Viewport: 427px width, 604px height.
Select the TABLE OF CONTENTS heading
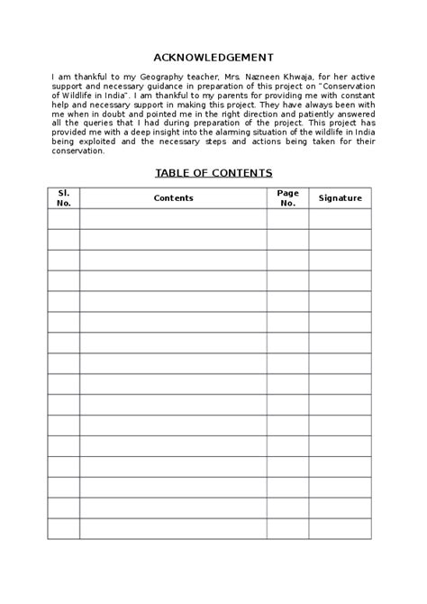(x=213, y=173)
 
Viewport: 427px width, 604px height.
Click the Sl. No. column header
(x=63, y=197)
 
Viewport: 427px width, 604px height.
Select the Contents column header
(x=173, y=197)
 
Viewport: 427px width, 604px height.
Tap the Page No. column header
(x=287, y=197)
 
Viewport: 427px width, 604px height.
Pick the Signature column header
(x=340, y=197)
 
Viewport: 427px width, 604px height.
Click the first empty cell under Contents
(x=173, y=219)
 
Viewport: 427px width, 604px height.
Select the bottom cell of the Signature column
(x=340, y=529)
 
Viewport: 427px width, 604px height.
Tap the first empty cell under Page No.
(x=287, y=219)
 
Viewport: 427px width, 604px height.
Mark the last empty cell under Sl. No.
(x=63, y=529)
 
